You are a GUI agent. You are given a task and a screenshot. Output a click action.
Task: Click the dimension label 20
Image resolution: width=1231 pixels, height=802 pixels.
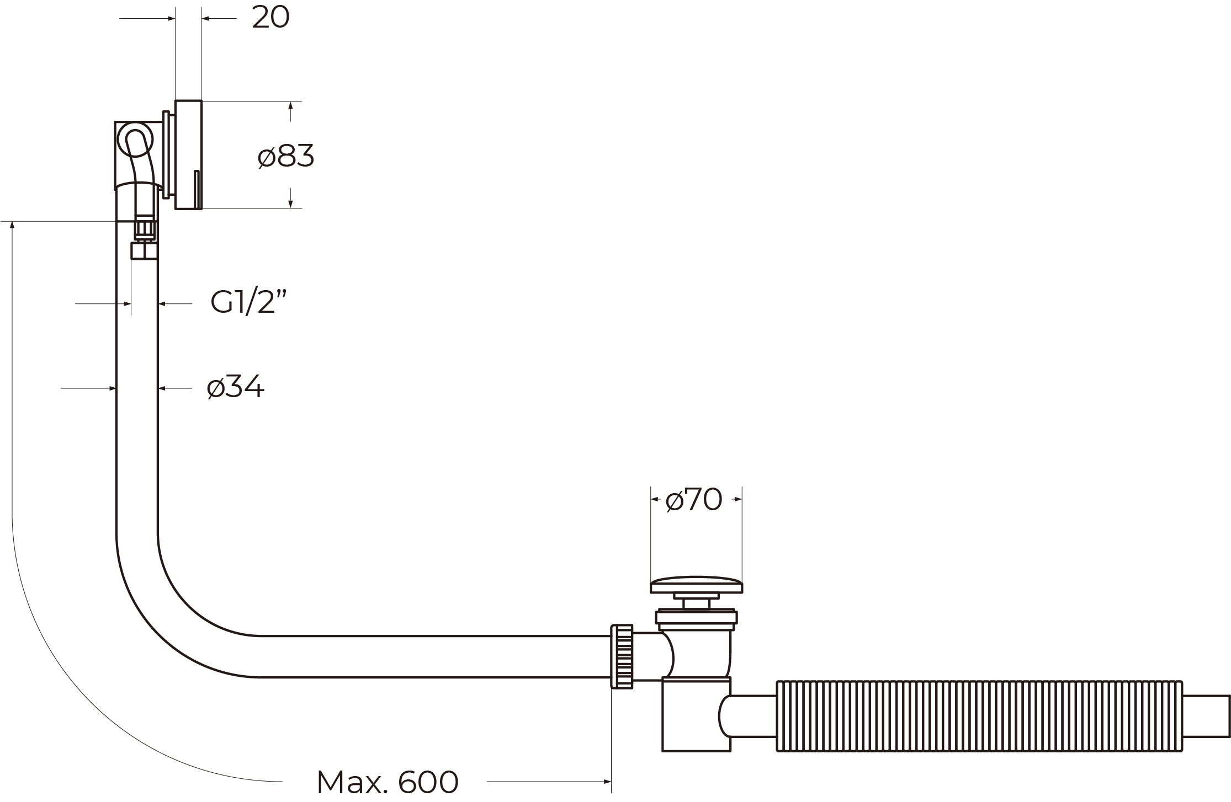pos(270,18)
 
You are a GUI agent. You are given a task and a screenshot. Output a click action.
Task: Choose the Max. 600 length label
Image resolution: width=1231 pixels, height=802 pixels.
pos(388,780)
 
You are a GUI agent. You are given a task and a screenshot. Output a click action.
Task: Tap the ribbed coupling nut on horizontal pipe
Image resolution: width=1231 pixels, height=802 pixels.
pos(622,656)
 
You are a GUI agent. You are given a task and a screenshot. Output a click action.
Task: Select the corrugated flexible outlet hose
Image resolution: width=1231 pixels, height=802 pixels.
pos(980,716)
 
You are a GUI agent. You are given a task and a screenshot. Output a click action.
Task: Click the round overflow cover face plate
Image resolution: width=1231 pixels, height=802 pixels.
pos(188,155)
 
